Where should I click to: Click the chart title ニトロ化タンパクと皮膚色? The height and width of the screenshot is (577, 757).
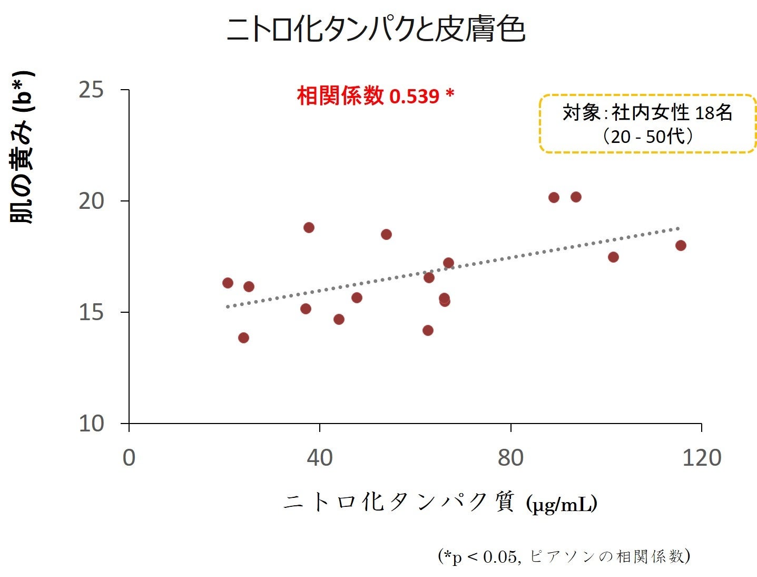[x=376, y=29]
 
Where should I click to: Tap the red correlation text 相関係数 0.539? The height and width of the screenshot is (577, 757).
[x=375, y=96]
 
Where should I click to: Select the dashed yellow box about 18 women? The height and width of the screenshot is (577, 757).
[x=647, y=124]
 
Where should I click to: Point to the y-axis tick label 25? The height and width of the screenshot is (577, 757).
[x=91, y=90]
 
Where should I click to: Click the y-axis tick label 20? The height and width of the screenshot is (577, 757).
[x=91, y=201]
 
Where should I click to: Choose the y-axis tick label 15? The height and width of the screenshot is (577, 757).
[x=91, y=312]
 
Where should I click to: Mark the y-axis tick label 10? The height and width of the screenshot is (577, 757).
[x=91, y=424]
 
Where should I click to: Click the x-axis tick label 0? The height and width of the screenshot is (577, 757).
[x=129, y=458]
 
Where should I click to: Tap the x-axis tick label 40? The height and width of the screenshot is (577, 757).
[x=320, y=458]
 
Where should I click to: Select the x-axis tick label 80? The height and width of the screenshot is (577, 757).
[x=510, y=458]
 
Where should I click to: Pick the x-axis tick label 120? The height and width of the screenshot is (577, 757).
[x=701, y=458]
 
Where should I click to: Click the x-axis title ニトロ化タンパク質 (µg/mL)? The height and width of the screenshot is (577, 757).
[x=440, y=503]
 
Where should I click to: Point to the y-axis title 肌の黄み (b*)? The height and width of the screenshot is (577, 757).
[x=23, y=148]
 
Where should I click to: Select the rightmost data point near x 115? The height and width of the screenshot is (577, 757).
[x=681, y=245]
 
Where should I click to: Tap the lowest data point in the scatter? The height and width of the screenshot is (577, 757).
[x=243, y=338]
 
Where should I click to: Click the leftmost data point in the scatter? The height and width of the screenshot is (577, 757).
[x=228, y=283]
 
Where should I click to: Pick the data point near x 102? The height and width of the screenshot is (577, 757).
[x=613, y=257]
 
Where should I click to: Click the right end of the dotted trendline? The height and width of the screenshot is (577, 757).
[x=678, y=228]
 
